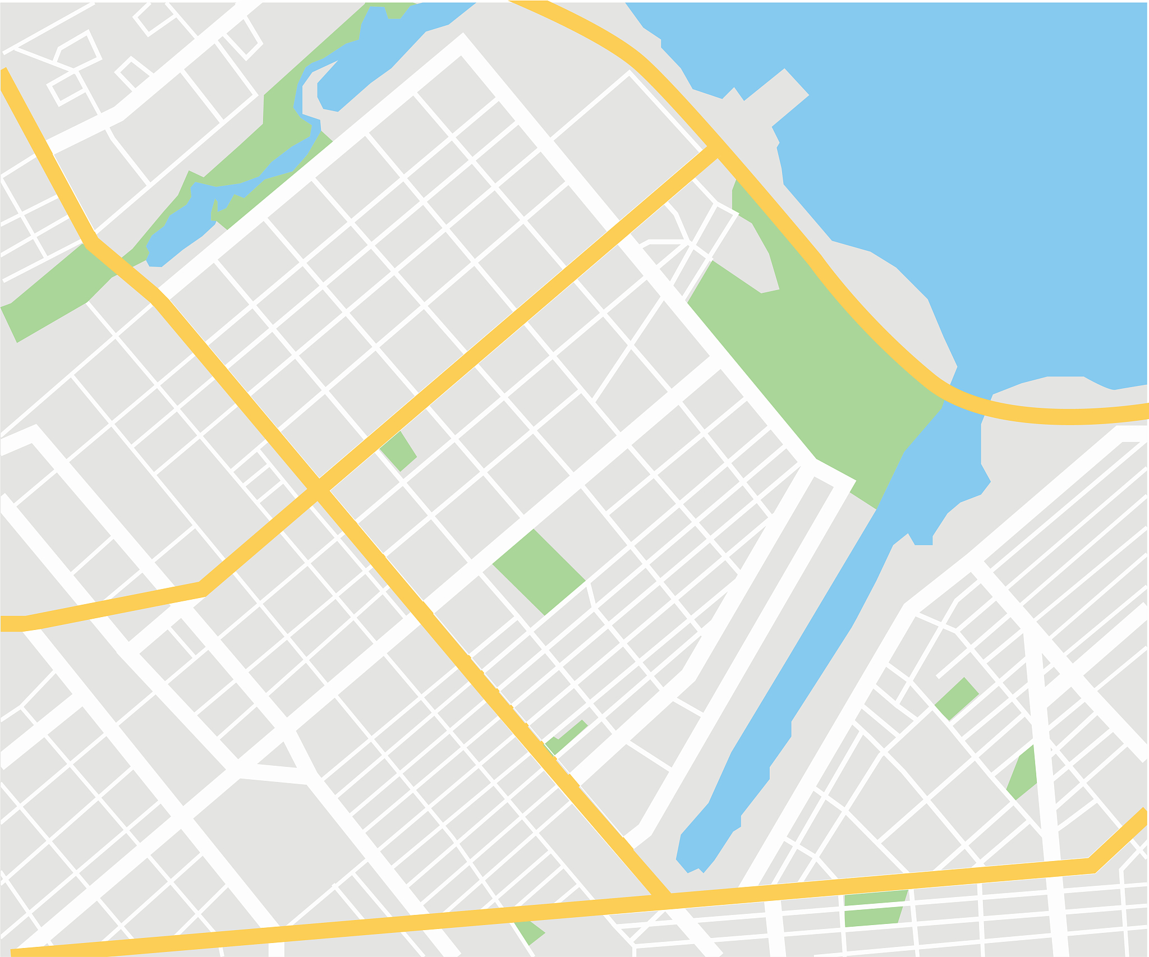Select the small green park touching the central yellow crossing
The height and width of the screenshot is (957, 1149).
click(400, 451)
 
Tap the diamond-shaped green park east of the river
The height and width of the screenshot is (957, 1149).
click(957, 698)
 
